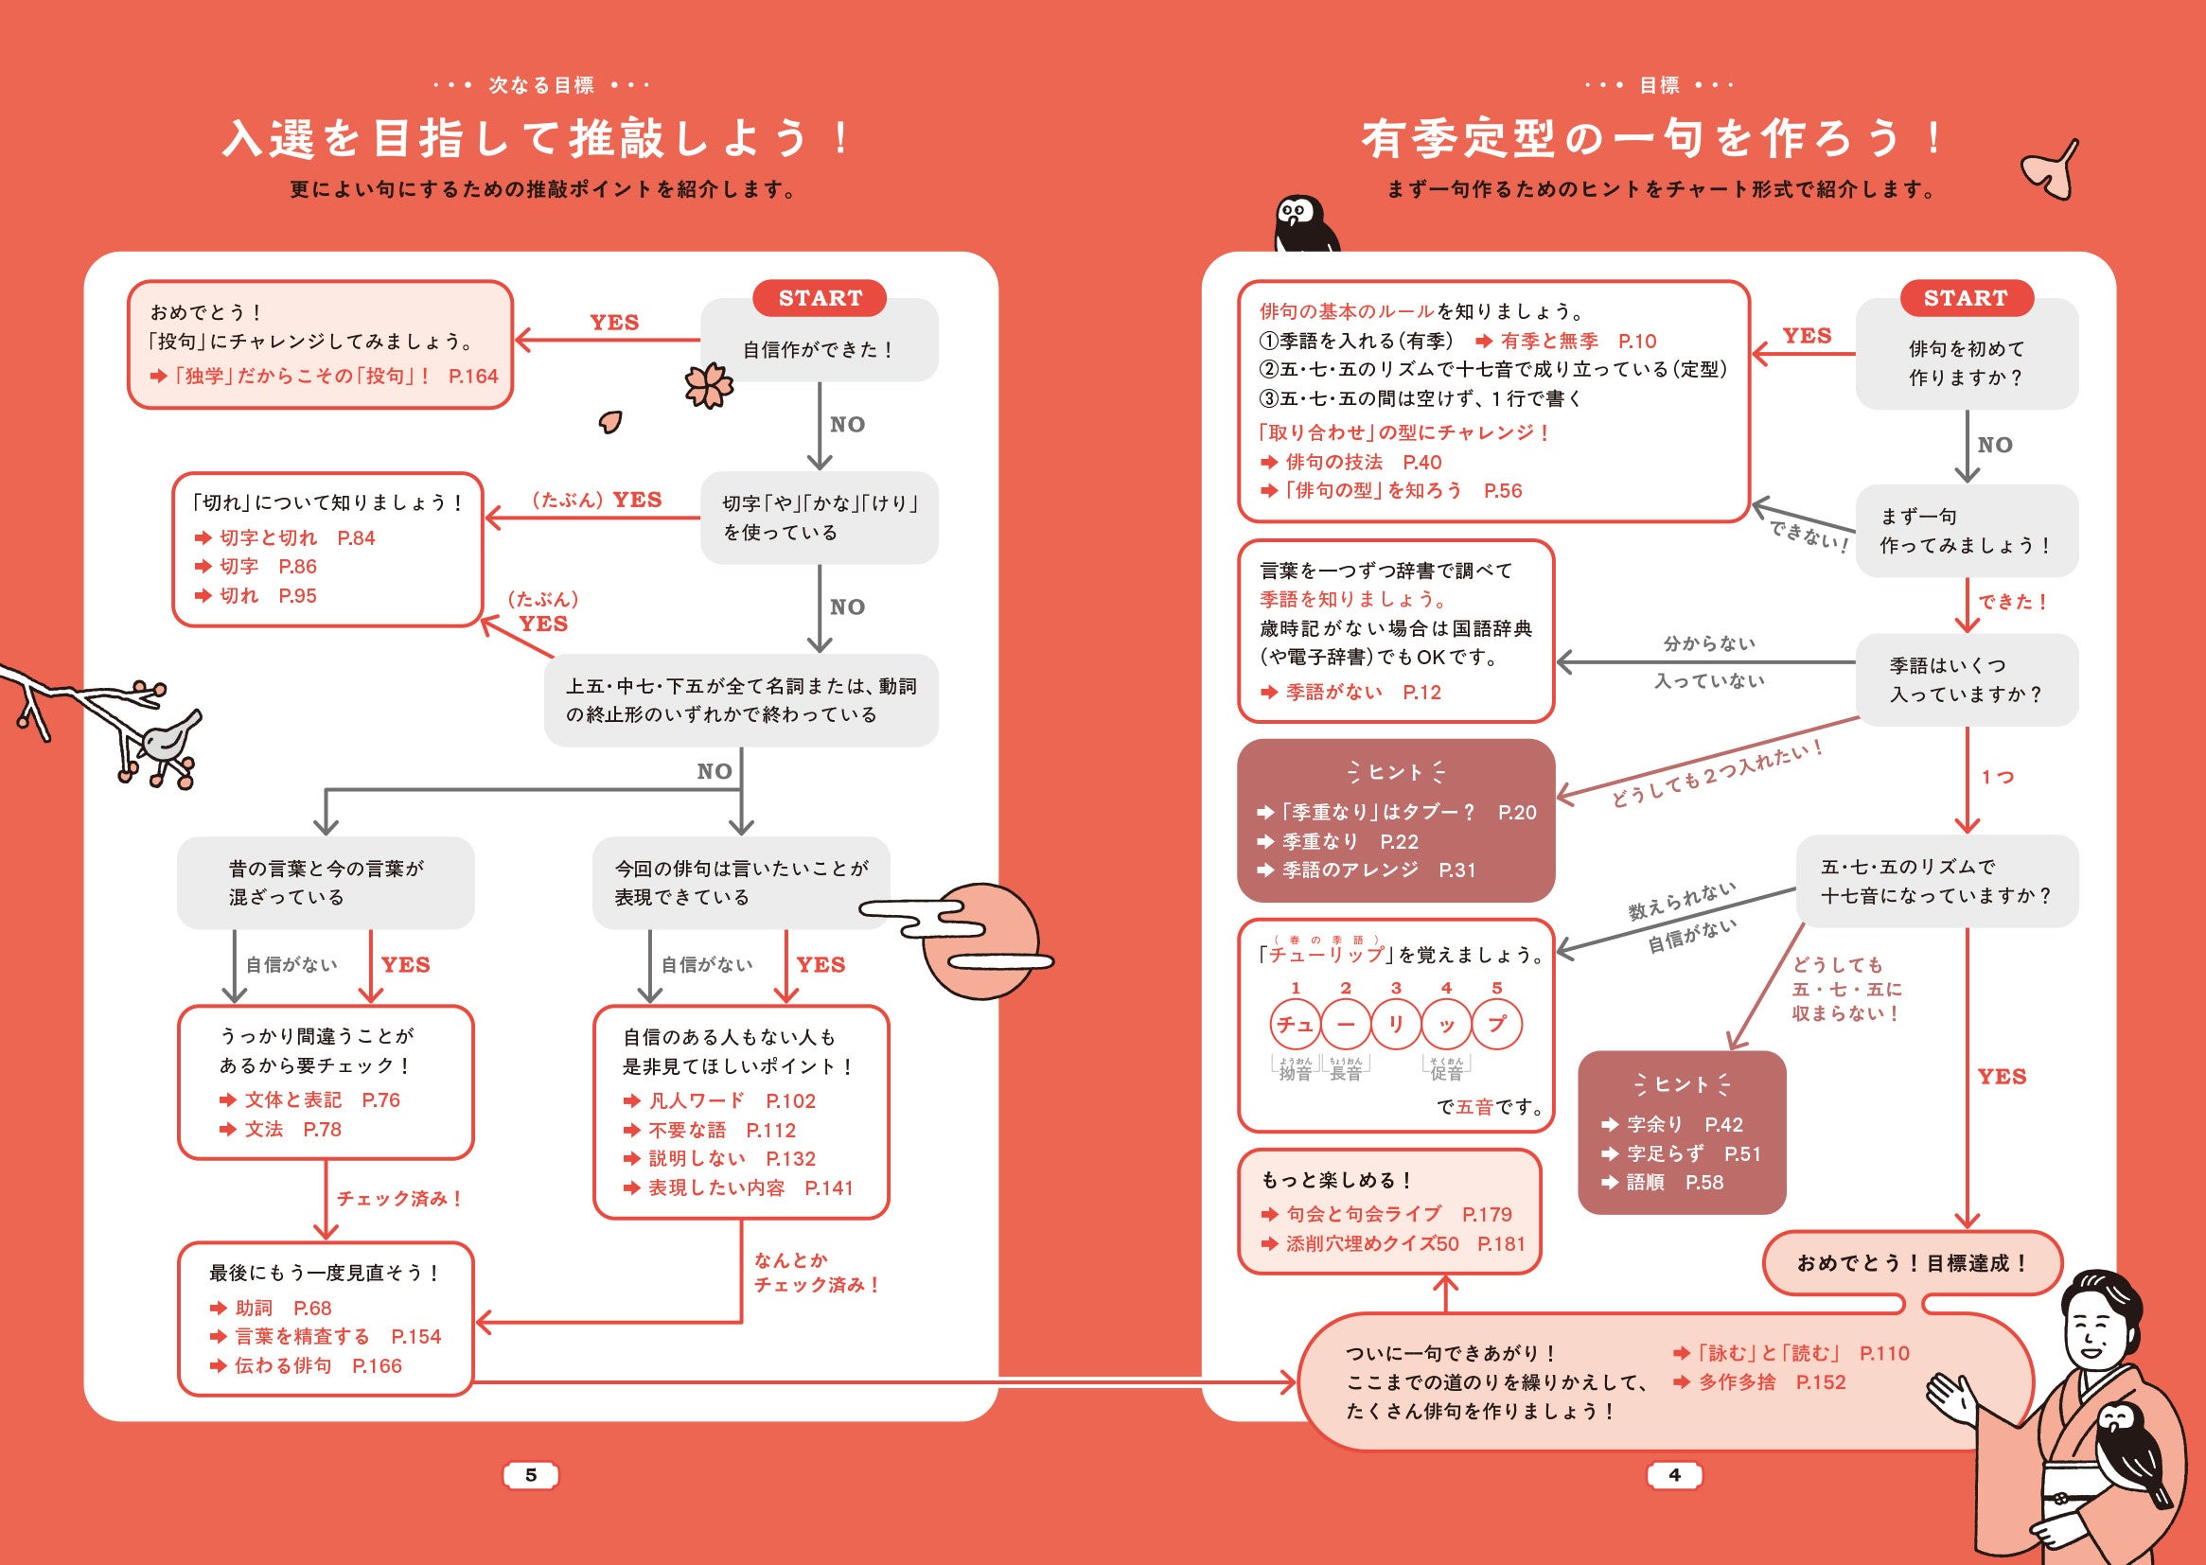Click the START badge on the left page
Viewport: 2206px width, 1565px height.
(x=820, y=298)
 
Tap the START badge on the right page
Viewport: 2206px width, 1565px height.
(x=1966, y=298)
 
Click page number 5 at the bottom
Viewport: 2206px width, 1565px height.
(x=531, y=1474)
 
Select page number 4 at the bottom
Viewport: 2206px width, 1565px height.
(x=1674, y=1474)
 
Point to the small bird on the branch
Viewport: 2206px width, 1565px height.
(x=170, y=737)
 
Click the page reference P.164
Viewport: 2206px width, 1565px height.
(x=473, y=376)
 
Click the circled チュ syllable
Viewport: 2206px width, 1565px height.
(x=1296, y=1024)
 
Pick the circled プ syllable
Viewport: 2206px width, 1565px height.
(x=1496, y=1024)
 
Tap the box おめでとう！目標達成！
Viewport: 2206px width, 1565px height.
(x=1912, y=1262)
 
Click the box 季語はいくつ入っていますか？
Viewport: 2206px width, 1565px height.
(x=1966, y=679)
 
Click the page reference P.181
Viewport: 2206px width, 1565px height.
(x=1502, y=1243)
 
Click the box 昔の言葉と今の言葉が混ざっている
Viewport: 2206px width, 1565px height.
(x=326, y=882)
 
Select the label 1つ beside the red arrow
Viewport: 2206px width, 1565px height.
(x=1997, y=777)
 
